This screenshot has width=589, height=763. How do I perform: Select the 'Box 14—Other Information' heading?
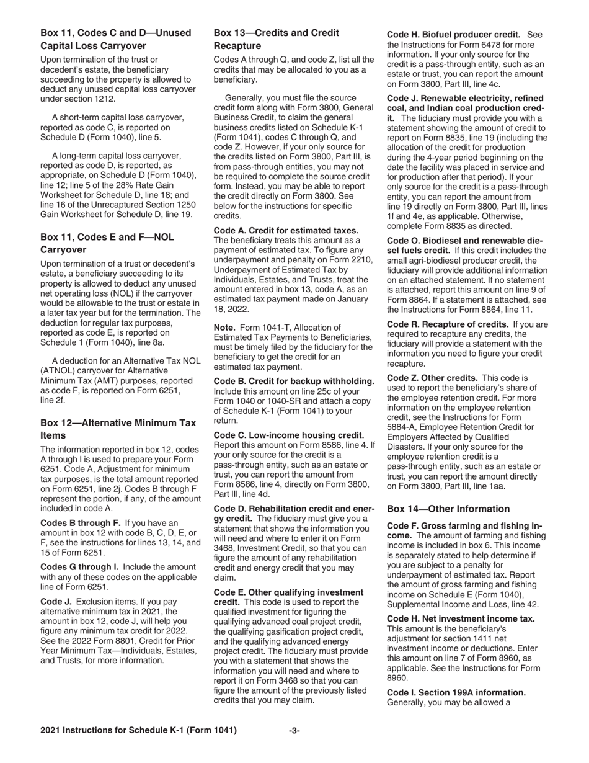[x=448, y=509]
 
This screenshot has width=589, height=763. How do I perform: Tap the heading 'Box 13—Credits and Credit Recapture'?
[x=276, y=39]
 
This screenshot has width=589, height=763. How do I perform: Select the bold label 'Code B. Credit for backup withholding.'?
[x=294, y=381]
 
